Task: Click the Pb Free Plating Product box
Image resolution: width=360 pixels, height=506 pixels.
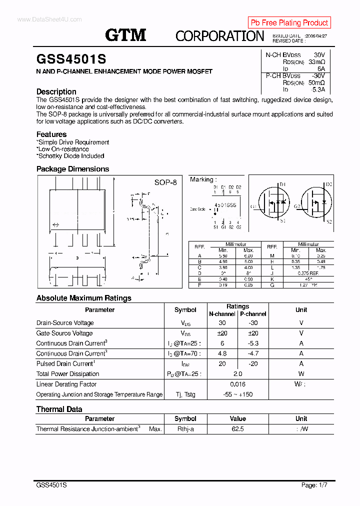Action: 289,22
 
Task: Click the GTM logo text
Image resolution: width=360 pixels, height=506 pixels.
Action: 125,35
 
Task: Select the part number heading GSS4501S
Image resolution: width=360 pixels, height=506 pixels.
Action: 71,59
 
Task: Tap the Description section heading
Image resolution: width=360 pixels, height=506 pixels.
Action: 56,91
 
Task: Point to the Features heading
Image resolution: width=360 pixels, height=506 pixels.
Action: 51,134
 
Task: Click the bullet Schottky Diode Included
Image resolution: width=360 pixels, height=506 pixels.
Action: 70,156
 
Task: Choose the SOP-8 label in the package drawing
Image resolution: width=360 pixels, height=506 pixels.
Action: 165,182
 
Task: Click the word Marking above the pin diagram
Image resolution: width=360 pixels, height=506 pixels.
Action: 202,179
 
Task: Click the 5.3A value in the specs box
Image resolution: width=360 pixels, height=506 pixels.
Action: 318,89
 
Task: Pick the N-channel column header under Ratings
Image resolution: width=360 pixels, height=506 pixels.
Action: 222,314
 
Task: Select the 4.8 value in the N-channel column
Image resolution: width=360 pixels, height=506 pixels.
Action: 222,353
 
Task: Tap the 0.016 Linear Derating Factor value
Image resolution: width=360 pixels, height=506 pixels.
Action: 237,384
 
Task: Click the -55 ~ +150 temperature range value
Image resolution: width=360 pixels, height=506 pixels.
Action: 237,394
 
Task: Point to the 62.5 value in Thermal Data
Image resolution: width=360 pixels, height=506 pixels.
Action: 237,429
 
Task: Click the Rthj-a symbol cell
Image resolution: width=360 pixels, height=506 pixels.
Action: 185,429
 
